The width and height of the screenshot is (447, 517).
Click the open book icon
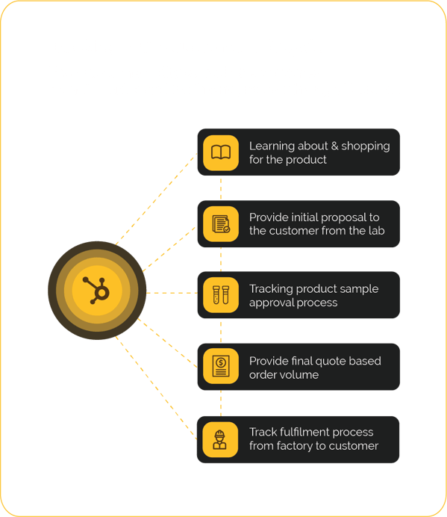221,152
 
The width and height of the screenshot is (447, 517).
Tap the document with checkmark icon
221,224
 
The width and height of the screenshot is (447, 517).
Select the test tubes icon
221,295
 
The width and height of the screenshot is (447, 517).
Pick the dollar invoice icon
221,366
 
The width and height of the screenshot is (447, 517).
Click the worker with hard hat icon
219,439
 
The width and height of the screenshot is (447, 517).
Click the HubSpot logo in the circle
96,290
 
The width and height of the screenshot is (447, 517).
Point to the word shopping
366,146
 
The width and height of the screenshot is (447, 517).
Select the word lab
377,230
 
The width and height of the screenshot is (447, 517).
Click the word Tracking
271,289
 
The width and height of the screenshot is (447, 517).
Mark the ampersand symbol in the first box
334,146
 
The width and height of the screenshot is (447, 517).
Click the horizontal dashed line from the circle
172,293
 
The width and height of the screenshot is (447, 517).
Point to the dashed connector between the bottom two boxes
221,403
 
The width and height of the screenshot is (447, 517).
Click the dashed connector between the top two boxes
221,188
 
